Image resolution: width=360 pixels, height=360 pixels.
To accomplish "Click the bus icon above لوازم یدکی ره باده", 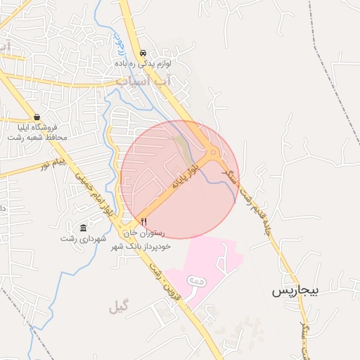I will [143, 53].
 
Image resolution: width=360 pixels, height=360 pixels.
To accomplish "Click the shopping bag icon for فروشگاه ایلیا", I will [37, 117].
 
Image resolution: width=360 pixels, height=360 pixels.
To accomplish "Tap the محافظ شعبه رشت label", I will [37, 137].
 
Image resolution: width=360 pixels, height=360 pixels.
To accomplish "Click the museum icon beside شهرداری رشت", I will [84, 228].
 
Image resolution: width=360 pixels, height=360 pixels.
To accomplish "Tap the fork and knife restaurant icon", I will [144, 221].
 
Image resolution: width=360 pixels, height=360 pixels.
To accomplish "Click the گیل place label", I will [120, 307].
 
